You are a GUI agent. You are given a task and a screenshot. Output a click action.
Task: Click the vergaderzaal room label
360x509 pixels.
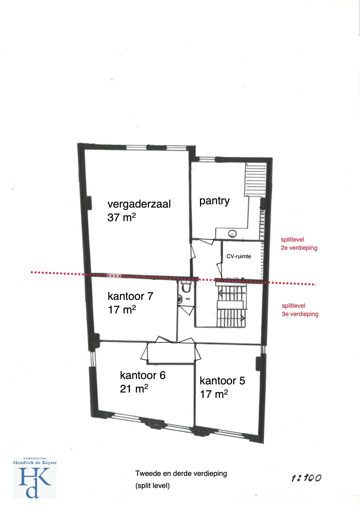(x=139, y=204)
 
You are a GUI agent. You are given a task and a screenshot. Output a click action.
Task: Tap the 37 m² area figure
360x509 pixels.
(x=122, y=217)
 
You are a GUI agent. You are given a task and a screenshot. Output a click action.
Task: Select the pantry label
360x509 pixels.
(x=214, y=201)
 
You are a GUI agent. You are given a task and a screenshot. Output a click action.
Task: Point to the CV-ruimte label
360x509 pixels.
(x=239, y=256)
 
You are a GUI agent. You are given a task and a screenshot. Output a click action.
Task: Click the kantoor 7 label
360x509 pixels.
(x=130, y=296)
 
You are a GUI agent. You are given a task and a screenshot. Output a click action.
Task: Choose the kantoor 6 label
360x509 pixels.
(x=143, y=375)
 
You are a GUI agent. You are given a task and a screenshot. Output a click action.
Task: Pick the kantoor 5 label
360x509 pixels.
(x=222, y=381)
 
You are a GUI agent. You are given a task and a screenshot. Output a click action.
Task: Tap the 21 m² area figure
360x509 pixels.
(x=134, y=389)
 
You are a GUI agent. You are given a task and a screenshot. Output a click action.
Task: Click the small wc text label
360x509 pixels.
(x=188, y=299)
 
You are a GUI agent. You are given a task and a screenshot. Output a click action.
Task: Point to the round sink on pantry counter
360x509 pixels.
(x=232, y=233)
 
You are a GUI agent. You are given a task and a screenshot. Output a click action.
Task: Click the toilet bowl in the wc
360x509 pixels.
(x=186, y=288)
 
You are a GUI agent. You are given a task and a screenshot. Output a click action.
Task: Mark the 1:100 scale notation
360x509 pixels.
(x=307, y=478)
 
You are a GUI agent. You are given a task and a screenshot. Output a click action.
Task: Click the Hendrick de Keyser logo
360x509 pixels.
(x=35, y=478)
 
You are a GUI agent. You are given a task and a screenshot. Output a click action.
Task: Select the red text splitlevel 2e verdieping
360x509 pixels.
(x=299, y=243)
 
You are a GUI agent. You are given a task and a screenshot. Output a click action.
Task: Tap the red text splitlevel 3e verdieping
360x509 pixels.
(x=300, y=310)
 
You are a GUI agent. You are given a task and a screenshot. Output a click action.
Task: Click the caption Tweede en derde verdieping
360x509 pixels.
(x=181, y=473)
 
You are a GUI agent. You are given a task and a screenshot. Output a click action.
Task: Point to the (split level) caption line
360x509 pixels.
(x=152, y=486)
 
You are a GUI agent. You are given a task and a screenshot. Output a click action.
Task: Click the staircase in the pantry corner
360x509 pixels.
(x=256, y=180)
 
